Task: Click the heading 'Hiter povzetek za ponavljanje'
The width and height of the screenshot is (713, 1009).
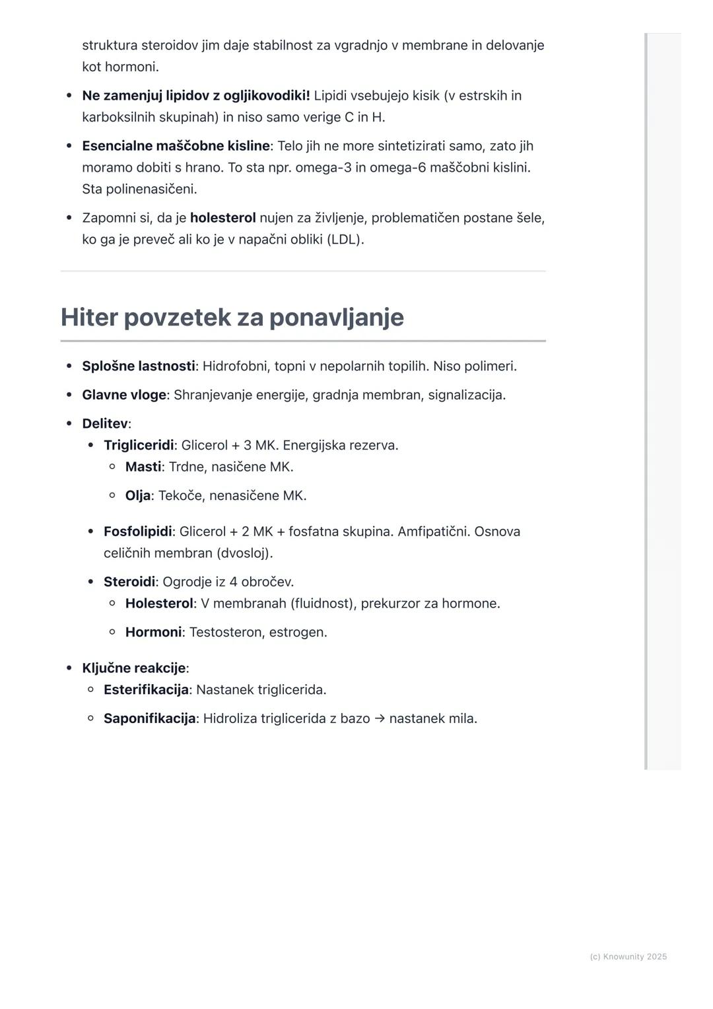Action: (x=232, y=318)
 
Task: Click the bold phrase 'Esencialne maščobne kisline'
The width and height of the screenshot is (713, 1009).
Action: (x=176, y=146)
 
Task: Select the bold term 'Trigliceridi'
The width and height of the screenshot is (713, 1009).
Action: (x=139, y=445)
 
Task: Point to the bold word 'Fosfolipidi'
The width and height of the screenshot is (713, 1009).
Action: (x=137, y=532)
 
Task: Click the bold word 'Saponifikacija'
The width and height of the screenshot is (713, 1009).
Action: (x=149, y=718)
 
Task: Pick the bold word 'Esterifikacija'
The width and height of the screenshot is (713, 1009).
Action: (x=146, y=690)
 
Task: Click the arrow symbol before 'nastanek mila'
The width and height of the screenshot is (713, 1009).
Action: (x=380, y=718)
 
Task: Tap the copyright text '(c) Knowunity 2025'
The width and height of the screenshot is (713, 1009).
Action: (x=628, y=957)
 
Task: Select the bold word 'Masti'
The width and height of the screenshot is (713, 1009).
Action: (x=143, y=467)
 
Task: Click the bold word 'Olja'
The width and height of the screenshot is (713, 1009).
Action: (x=138, y=496)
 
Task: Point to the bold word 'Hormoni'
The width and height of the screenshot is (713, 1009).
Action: (x=153, y=633)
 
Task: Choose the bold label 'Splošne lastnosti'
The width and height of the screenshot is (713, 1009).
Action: (x=139, y=366)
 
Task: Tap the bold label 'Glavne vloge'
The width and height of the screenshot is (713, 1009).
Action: (x=124, y=395)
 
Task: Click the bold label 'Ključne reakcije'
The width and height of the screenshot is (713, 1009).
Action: (x=133, y=668)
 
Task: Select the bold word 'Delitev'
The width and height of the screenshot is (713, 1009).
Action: (x=104, y=424)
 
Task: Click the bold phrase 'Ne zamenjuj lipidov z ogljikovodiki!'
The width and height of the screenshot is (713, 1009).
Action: (x=195, y=96)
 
